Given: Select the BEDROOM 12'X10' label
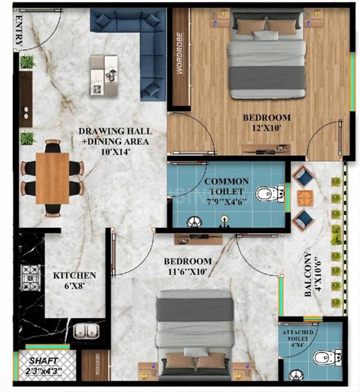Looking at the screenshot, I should tap(266, 123).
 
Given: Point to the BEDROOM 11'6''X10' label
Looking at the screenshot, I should tap(187, 266).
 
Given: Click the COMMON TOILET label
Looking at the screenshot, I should tap(226, 191).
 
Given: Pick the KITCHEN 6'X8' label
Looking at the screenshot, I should tap(74, 280).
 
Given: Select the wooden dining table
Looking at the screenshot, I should tap(52, 178).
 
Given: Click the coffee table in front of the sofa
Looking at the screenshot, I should tap(104, 75).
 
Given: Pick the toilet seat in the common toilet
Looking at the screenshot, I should tap(268, 194).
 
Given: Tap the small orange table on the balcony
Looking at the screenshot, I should tap(304, 197).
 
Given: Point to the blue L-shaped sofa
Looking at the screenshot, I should tap(138, 40).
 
